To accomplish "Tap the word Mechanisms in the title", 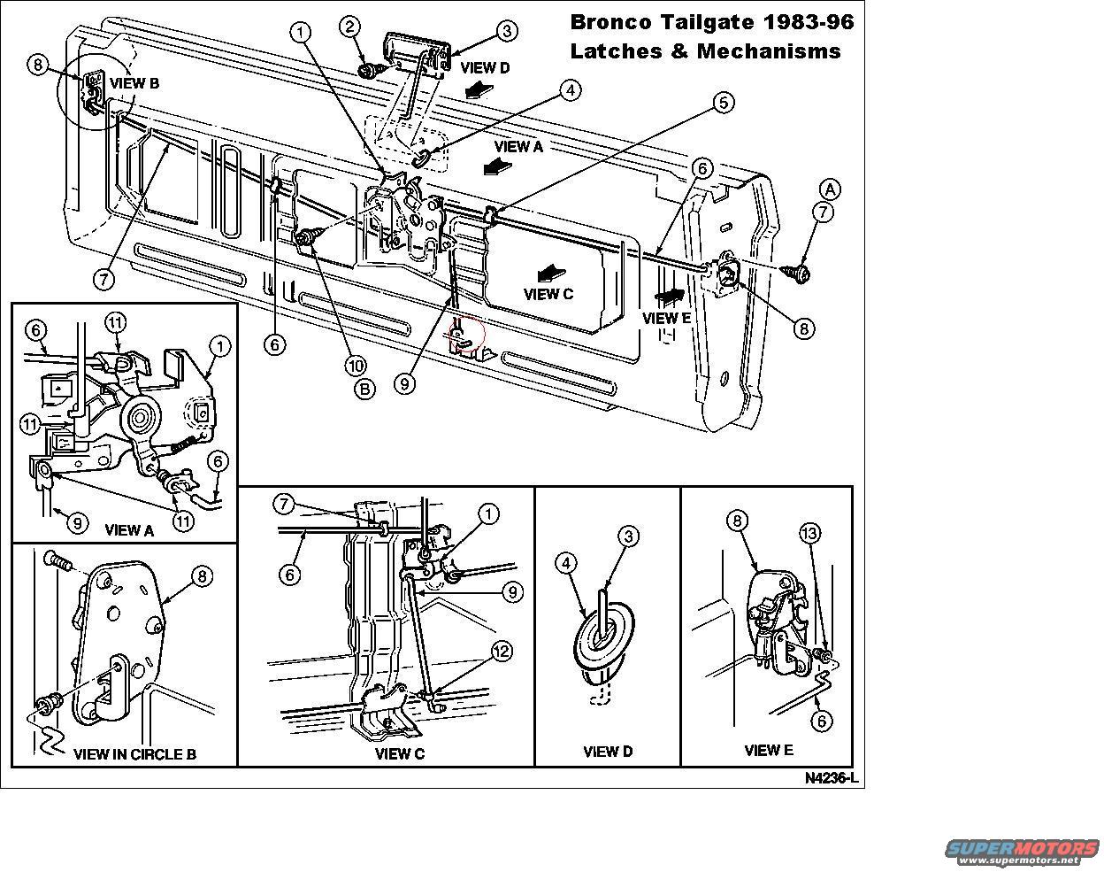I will (x=769, y=50).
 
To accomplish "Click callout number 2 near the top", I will (x=351, y=27).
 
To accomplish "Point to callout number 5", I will (x=723, y=103).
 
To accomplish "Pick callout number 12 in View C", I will (x=502, y=652).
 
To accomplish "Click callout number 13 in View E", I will (x=810, y=533).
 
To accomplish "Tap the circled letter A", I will (x=830, y=189).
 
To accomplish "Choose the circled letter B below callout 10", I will (x=363, y=389).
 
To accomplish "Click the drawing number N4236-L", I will (x=832, y=778).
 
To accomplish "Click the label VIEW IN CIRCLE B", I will (x=134, y=754).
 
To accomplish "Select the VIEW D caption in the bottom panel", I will (x=608, y=752).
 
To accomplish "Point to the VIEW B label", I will (x=134, y=83).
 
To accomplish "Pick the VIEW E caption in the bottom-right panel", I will (x=768, y=750).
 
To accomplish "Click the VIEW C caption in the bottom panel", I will (x=399, y=753).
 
